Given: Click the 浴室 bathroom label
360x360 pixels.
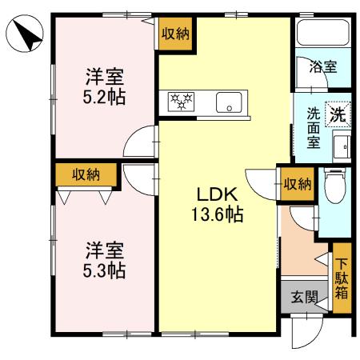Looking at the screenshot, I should (x=323, y=67).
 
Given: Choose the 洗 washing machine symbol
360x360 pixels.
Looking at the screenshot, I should (x=339, y=114).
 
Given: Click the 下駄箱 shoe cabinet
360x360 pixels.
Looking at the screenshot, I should (x=342, y=277).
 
